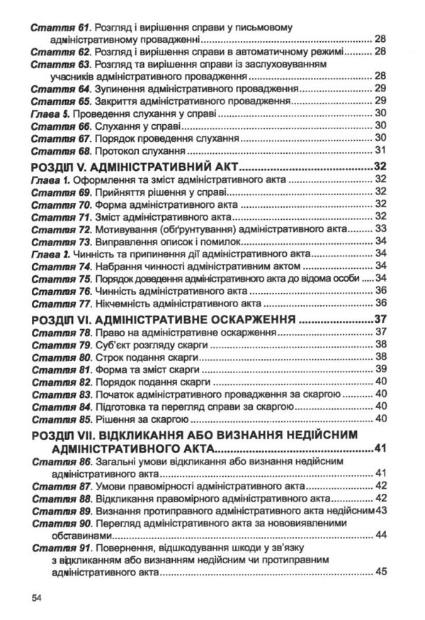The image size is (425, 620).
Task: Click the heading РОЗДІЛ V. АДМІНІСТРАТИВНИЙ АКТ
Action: coord(135,168)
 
